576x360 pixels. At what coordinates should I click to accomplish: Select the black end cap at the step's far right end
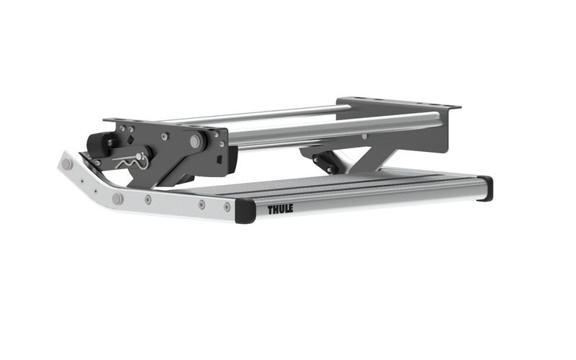click(x=485, y=188)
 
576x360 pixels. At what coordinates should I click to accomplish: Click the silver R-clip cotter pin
click(x=133, y=159)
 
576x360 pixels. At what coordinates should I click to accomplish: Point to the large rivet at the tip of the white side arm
click(x=67, y=165)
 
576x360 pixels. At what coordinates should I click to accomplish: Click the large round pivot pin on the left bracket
click(x=194, y=142)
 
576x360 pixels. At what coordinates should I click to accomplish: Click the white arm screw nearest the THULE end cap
click(x=227, y=207)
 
